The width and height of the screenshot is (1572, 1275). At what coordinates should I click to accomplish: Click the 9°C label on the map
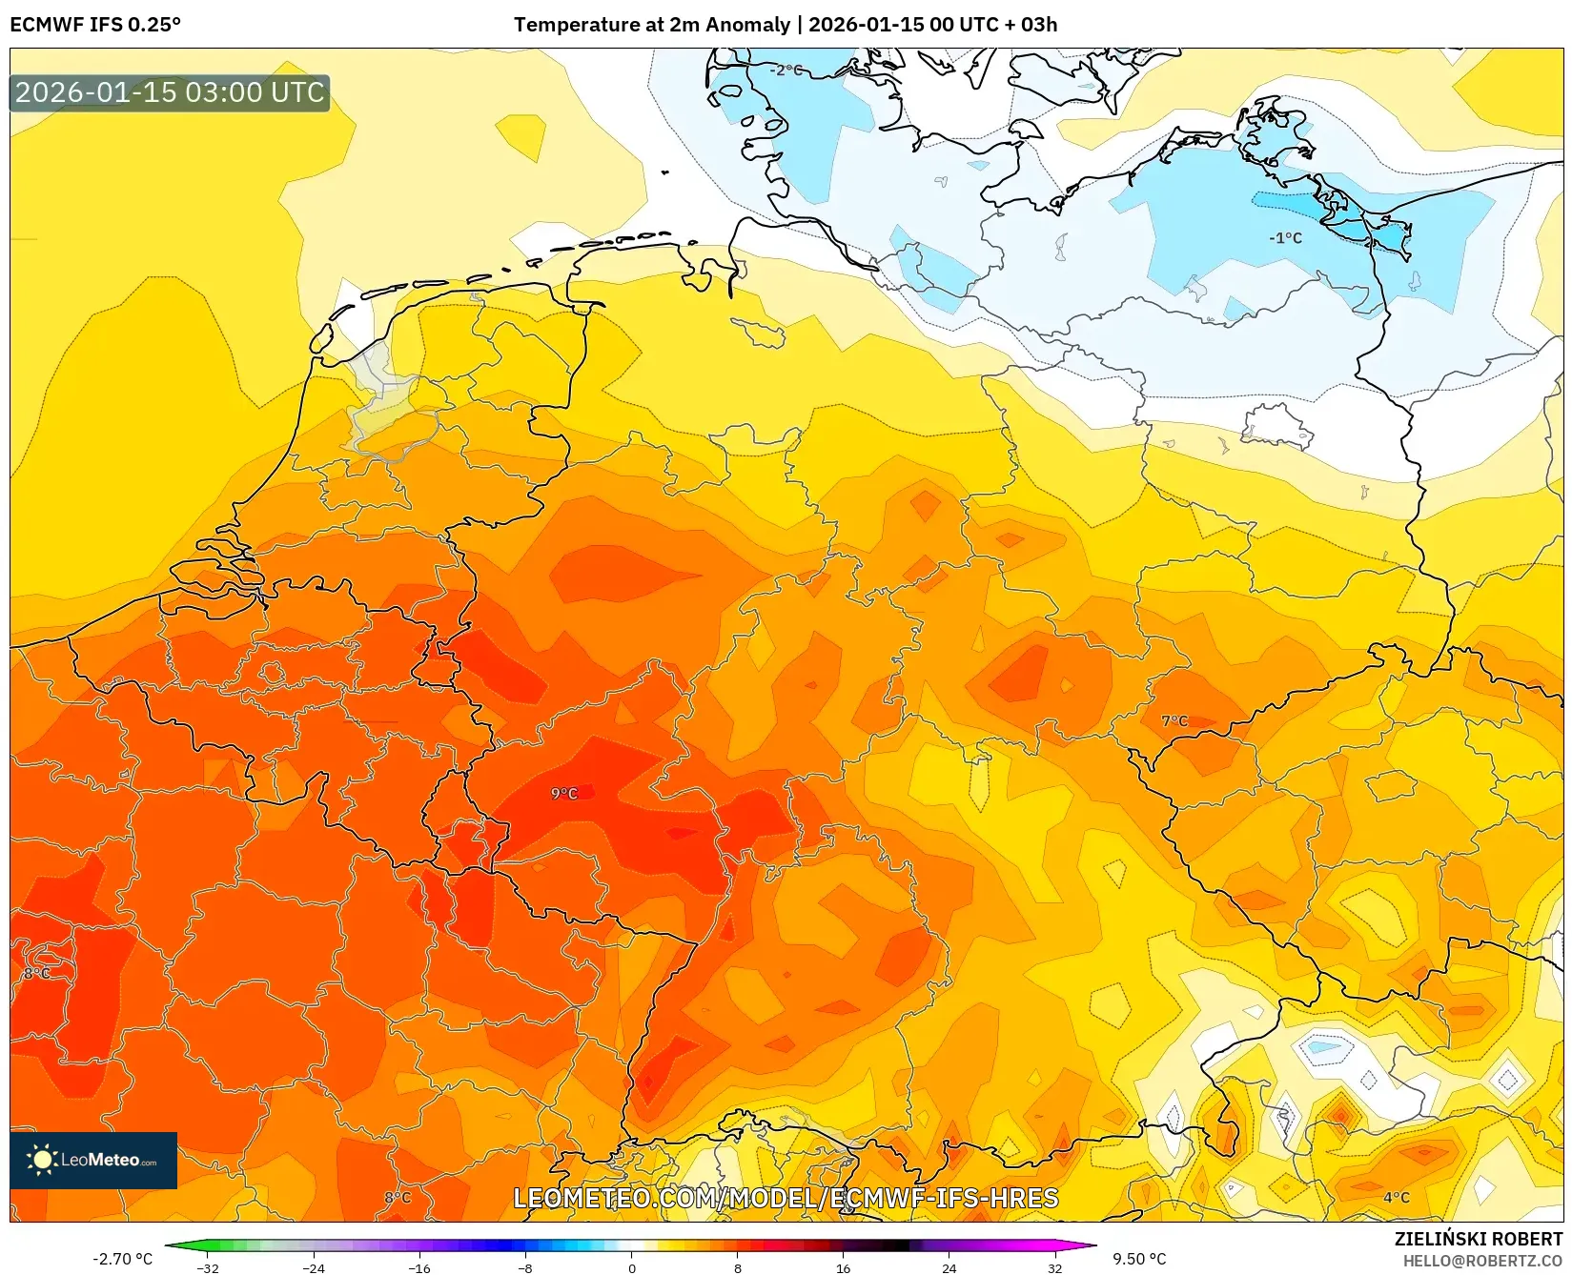click(564, 794)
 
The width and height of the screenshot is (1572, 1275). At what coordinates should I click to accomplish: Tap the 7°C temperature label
click(1174, 721)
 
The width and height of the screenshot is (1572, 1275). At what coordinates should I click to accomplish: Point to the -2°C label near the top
click(786, 71)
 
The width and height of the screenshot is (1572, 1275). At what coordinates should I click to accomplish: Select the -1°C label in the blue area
click(1285, 238)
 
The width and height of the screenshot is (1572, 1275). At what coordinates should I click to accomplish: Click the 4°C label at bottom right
click(1397, 1198)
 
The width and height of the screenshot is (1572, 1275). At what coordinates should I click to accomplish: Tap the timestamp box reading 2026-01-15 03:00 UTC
click(170, 92)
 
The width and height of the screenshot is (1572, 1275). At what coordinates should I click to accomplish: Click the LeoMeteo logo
click(93, 1160)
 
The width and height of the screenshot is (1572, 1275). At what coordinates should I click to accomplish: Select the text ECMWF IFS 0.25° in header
click(95, 25)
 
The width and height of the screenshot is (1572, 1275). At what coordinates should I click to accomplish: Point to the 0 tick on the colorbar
click(631, 1268)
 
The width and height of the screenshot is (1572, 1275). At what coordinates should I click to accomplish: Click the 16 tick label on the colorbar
click(843, 1268)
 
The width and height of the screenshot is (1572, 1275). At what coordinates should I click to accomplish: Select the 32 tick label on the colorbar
click(1054, 1268)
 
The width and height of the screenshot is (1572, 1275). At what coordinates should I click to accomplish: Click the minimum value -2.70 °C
click(122, 1259)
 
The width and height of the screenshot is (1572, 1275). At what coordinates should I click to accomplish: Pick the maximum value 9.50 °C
click(1139, 1259)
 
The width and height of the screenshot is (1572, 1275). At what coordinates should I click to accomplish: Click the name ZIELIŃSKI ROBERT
click(1479, 1239)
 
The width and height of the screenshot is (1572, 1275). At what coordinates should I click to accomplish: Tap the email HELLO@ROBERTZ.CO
click(1482, 1261)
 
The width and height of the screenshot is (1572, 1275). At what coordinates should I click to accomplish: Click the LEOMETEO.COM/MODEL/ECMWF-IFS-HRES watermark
click(786, 1198)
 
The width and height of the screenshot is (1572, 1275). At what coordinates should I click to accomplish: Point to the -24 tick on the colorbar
click(314, 1268)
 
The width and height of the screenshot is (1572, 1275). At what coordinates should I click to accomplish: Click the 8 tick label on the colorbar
click(738, 1268)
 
